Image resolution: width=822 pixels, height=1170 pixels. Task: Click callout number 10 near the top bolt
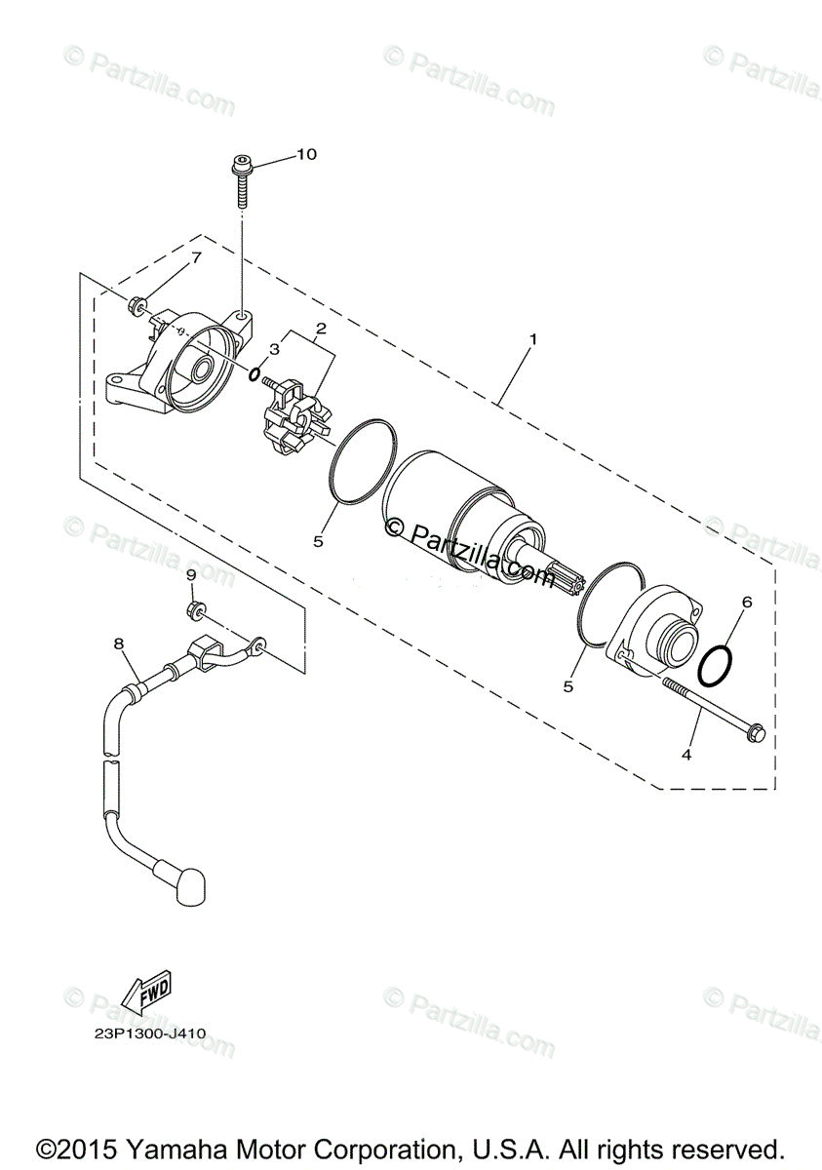click(307, 155)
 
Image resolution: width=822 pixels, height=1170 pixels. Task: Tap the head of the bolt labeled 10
click(241, 164)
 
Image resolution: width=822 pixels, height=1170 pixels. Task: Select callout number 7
click(196, 257)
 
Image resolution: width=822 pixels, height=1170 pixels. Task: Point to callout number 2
click(321, 329)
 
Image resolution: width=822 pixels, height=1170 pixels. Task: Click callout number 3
click(275, 349)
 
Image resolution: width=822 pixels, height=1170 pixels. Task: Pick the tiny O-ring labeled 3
click(254, 374)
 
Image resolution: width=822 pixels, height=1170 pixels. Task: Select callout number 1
click(533, 339)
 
